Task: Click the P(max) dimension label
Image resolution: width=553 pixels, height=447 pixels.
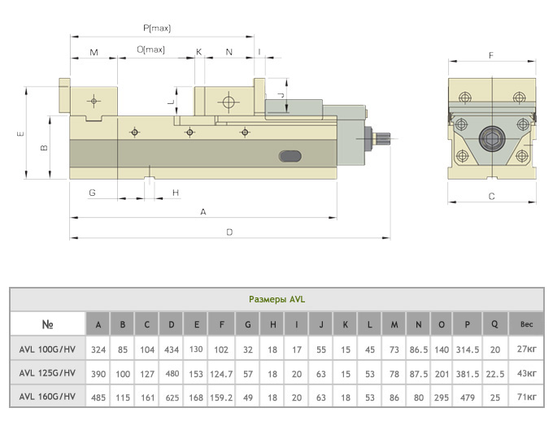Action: pyautogui.click(x=157, y=28)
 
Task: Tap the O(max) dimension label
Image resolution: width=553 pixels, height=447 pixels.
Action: pyautogui.click(x=150, y=50)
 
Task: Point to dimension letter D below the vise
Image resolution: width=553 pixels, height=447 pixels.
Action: pyautogui.click(x=229, y=232)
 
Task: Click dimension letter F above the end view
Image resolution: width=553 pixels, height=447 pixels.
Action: pyautogui.click(x=491, y=55)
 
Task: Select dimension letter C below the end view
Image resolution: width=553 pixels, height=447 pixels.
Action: pyautogui.click(x=492, y=196)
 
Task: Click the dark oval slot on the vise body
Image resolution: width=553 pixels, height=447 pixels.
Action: pyautogui.click(x=290, y=156)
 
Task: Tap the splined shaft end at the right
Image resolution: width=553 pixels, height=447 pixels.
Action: pyautogui.click(x=383, y=138)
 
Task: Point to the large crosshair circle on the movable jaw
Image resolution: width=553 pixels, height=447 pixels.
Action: pyautogui.click(x=229, y=102)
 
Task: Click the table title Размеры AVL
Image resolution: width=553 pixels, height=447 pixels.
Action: pyautogui.click(x=276, y=299)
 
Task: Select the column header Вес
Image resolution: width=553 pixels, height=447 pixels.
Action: pyautogui.click(x=526, y=324)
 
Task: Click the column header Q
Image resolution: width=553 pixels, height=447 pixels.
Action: pyautogui.click(x=494, y=324)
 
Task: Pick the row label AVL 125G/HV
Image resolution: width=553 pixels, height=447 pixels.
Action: pyautogui.click(x=47, y=373)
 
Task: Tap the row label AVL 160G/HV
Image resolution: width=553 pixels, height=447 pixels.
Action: pyautogui.click(x=47, y=397)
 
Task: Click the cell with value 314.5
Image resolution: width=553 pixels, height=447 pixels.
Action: pyautogui.click(x=468, y=349)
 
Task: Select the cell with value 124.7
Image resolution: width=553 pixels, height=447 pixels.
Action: pyautogui.click(x=221, y=374)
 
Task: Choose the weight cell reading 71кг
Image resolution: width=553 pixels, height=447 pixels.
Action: pyautogui.click(x=526, y=397)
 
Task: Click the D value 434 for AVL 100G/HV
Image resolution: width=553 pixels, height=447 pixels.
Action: pyautogui.click(x=172, y=349)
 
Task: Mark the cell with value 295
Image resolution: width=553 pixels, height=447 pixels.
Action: pyautogui.click(x=442, y=397)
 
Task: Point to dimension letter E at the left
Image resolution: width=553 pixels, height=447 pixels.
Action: pyautogui.click(x=21, y=133)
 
